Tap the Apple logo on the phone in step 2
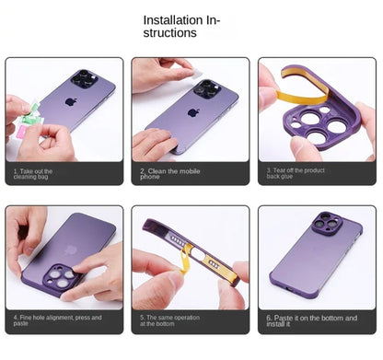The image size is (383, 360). (x=193, y=113)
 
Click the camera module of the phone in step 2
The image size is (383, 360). (x=206, y=89)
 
